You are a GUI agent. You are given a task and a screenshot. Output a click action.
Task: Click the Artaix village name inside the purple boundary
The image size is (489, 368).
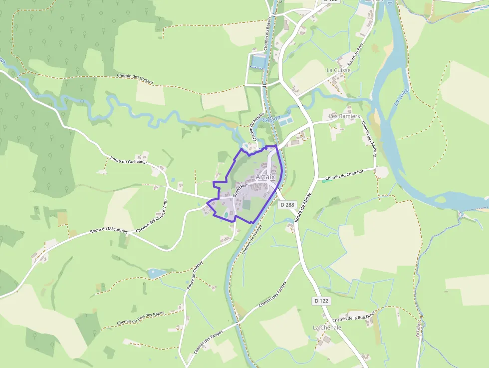[x=265, y=177]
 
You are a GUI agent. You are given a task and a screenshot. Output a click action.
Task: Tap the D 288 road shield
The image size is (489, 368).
[x=287, y=204]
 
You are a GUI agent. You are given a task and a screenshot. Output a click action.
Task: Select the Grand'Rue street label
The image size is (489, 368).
[x=240, y=189]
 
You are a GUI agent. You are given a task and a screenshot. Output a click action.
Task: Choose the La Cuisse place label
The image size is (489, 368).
[x=339, y=70]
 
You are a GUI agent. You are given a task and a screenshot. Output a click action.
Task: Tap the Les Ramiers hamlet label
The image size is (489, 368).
[x=344, y=116]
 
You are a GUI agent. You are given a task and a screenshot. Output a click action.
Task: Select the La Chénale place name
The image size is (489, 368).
[x=327, y=328]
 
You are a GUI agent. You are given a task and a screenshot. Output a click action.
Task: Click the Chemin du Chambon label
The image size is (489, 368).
[x=345, y=174]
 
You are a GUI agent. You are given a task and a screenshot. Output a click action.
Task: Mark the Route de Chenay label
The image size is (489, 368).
[x=195, y=276]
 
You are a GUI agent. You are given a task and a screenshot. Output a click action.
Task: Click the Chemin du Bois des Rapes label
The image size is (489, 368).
[x=140, y=319]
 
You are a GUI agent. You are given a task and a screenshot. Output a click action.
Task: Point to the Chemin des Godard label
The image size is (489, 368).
[x=135, y=78]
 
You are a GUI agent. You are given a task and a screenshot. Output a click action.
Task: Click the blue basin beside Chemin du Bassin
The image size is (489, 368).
[x=258, y=61]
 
